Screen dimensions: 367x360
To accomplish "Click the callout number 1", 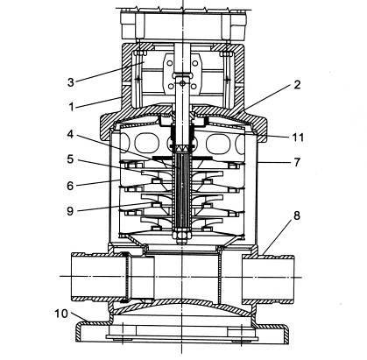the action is point(71,107).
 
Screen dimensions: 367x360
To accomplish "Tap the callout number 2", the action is point(297,85).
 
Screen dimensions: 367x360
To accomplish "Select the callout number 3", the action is point(71,82).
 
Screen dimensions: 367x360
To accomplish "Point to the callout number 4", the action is point(70,135).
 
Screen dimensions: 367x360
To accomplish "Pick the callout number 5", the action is point(70,159).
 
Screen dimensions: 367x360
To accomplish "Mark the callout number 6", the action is point(70,186).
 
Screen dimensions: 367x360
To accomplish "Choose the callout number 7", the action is point(297,162).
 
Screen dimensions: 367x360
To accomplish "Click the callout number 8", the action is point(297,215).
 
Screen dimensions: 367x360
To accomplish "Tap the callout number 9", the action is point(70,211).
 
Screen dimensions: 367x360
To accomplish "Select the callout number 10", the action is point(61,314).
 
